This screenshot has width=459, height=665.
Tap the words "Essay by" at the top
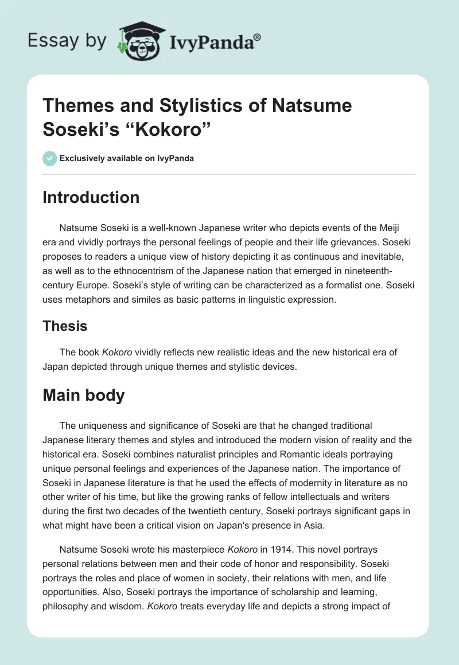(67, 40)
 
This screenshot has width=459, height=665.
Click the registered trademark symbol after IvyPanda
(257, 37)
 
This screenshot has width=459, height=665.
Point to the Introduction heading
(91, 197)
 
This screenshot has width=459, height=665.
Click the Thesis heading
(65, 326)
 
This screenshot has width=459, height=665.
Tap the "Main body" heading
(84, 396)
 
